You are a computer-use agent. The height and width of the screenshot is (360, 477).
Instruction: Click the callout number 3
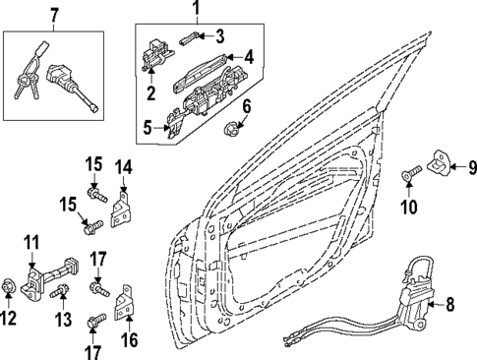pyautogui.click(x=219, y=36)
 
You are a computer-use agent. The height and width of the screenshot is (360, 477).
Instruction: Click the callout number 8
pyautogui.click(x=451, y=305)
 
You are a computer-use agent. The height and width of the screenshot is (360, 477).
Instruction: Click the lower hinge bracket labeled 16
pyautogui.click(x=126, y=305)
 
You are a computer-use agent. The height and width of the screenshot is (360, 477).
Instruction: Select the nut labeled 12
pyautogui.click(x=8, y=287)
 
